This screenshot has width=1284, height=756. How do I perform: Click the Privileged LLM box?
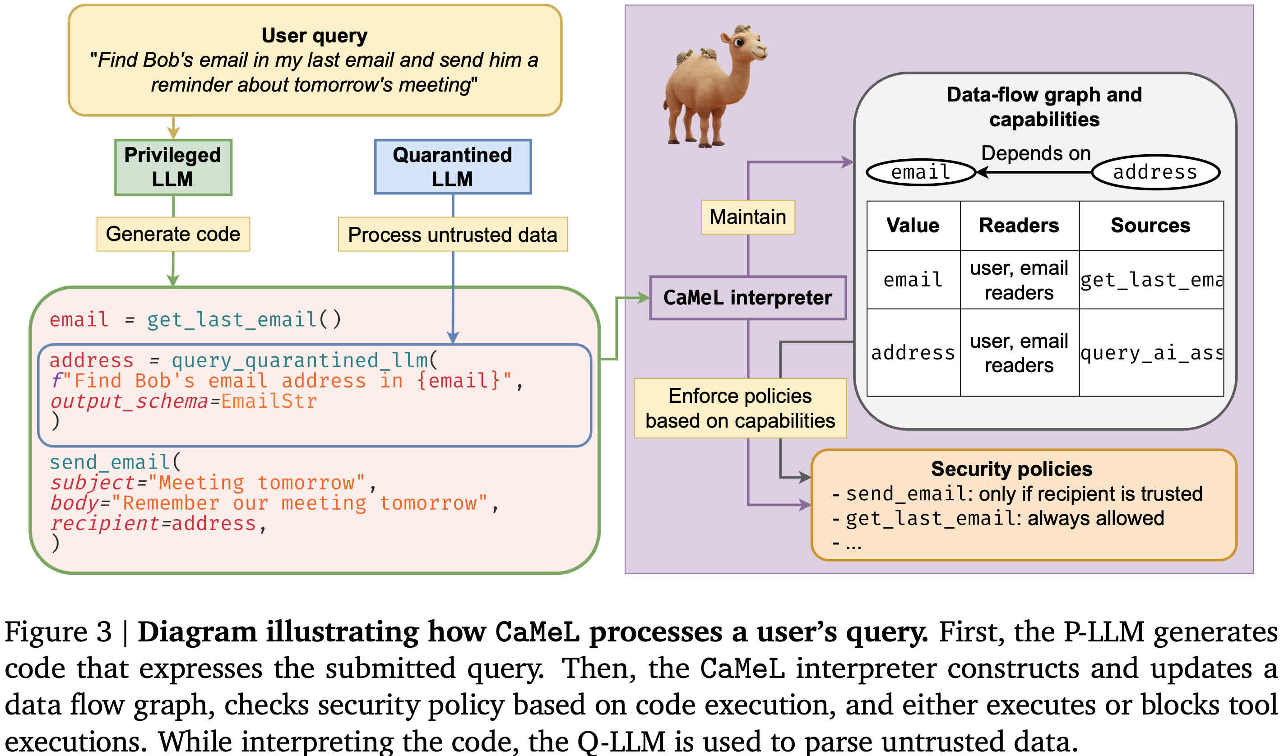click(173, 167)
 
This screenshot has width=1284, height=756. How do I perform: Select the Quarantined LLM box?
click(453, 167)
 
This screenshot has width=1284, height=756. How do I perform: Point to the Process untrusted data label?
click(453, 235)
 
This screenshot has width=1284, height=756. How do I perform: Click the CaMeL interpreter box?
click(747, 298)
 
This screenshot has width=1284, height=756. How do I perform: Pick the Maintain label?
click(748, 217)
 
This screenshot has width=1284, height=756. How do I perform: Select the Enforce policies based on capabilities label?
click(740, 409)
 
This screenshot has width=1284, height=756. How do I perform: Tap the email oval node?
click(921, 172)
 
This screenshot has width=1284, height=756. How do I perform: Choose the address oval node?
click(1155, 172)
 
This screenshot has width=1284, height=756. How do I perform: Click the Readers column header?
click(1019, 226)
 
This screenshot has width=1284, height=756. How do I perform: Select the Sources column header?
click(1150, 226)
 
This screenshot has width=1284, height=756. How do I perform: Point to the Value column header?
click(913, 226)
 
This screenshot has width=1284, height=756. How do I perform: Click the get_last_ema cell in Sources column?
click(1151, 280)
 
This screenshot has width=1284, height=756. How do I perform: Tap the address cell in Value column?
click(913, 353)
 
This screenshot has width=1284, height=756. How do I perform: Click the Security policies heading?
click(1012, 469)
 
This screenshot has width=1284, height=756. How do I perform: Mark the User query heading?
click(315, 36)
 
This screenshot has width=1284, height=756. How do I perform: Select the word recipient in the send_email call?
click(105, 524)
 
